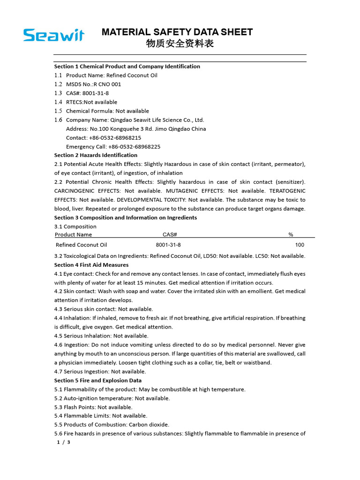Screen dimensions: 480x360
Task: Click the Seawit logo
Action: tap(54, 35)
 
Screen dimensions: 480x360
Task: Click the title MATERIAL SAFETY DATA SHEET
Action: tap(177, 32)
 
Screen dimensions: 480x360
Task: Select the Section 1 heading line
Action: tap(127, 67)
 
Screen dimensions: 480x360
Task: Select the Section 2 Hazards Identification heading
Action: tap(96, 155)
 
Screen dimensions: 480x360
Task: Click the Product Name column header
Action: tap(74, 234)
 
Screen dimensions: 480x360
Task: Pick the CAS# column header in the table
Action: tap(169, 234)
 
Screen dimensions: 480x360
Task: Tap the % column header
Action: tap(291, 234)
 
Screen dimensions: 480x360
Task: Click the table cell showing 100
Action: tap(300, 245)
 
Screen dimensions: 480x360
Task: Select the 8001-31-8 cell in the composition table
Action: tap(168, 245)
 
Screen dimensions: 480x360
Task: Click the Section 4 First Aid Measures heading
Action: tap(91, 265)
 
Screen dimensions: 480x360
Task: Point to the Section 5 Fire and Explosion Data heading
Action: tap(97, 381)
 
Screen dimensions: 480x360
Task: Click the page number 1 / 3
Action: tap(63, 442)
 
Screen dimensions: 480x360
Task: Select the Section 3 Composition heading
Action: tap(125, 217)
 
